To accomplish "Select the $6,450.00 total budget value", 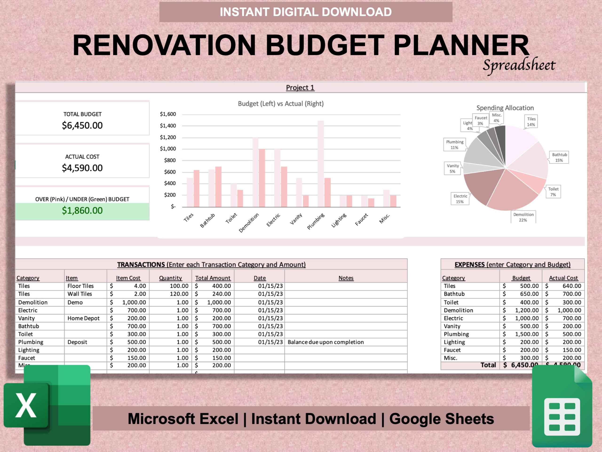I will coord(82,125).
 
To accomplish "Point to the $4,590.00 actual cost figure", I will coord(82,168).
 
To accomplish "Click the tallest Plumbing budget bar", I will coord(321,163).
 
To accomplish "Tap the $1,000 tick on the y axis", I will coord(168,149).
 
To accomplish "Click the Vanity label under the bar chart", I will coord(296,219).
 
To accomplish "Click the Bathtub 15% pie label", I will coord(559,157).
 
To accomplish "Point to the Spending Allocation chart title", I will coord(505,108).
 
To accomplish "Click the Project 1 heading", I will coord(300,88).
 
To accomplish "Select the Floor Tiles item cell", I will coord(81,286).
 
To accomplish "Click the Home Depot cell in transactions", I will coord(83,318).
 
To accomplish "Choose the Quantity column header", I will coord(170,278).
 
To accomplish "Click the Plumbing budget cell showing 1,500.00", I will coord(526,334).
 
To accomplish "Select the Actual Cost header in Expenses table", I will coord(563,278).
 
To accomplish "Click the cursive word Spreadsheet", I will coord(519,65).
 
